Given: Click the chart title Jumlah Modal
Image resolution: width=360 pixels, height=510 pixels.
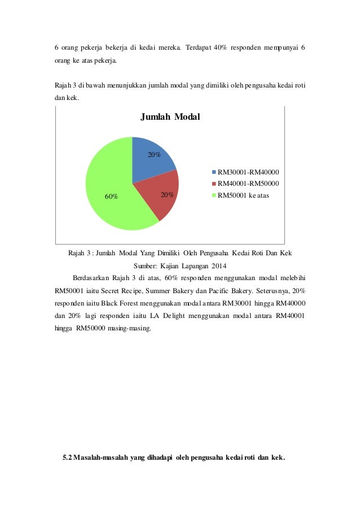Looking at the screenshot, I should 170,117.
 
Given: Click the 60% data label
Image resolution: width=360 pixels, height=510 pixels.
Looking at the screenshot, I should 111,197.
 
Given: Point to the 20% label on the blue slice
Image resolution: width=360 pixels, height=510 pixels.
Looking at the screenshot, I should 154,153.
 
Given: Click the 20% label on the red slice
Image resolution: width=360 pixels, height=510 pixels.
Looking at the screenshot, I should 167,195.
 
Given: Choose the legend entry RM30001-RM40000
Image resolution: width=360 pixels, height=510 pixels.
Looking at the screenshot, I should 250,172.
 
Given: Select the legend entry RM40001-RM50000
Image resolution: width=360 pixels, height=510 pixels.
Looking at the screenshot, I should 250,184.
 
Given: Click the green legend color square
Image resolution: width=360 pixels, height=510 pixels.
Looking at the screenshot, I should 214,195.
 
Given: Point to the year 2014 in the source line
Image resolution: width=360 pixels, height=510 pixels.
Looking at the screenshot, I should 217,265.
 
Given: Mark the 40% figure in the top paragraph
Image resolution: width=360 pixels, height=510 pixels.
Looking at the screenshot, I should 221,46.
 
